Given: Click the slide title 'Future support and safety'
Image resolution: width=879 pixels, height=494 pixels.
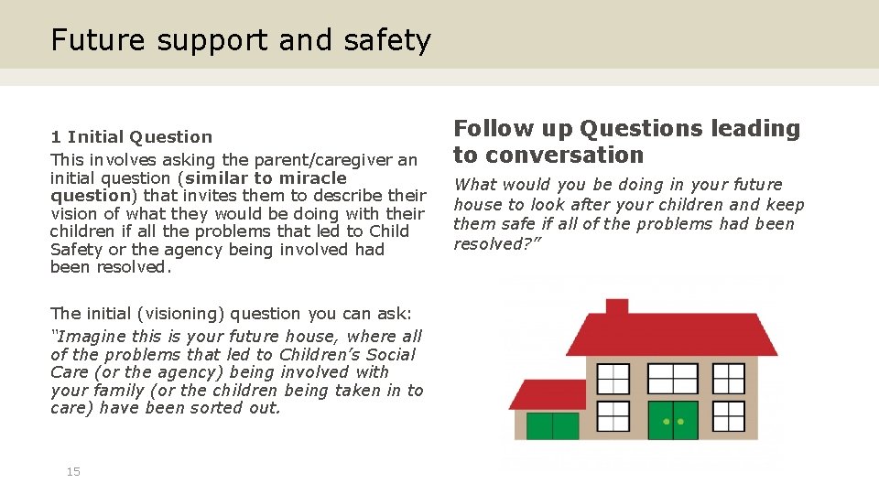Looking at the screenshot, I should click(240, 40).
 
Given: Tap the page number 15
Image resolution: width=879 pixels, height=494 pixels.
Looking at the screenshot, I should click(73, 471).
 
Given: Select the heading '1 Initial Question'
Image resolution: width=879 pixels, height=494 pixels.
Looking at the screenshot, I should click(131, 137).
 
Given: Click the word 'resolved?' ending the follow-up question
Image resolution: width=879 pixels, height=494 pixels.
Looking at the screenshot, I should click(486, 244).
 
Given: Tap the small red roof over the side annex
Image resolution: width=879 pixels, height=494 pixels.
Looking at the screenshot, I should click(548, 394).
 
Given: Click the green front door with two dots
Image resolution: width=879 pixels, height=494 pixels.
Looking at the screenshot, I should click(673, 421).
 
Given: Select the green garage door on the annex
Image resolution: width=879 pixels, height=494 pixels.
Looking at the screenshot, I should click(552, 425).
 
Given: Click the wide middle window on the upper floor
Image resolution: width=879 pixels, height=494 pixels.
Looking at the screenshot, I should click(673, 378).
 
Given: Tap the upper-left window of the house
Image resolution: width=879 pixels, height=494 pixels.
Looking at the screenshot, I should click(613, 378).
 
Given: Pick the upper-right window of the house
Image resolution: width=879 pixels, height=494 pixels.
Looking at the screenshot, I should click(729, 378).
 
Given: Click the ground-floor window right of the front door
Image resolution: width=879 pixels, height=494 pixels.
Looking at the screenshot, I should click(729, 416).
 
